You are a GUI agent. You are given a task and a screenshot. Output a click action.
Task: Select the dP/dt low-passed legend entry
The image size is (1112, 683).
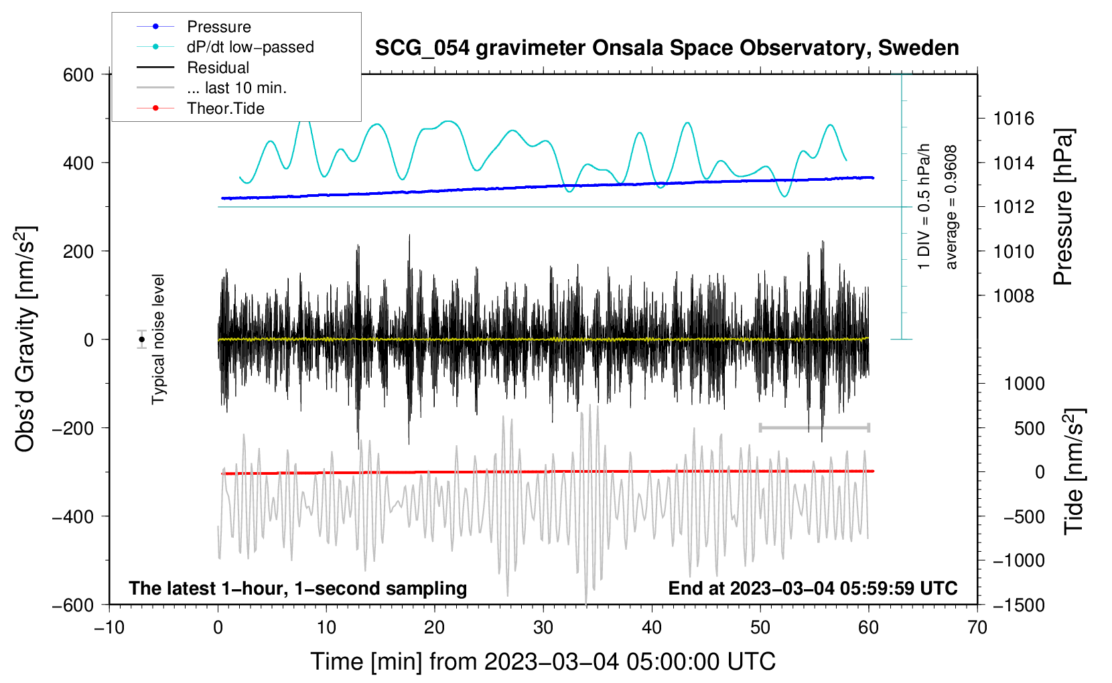click(250, 47)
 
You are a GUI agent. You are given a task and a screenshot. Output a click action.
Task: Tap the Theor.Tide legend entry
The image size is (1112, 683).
click(225, 108)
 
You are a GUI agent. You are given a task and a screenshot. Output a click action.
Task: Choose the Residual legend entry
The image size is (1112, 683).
click(218, 68)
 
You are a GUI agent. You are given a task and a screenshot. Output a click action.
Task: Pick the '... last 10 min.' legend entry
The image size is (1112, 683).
click(236, 88)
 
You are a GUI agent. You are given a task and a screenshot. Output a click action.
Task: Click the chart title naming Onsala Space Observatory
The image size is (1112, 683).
click(667, 48)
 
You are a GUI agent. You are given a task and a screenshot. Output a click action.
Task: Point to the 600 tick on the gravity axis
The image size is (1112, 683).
click(78, 75)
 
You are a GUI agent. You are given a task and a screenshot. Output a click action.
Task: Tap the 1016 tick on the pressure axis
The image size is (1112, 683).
click(1014, 119)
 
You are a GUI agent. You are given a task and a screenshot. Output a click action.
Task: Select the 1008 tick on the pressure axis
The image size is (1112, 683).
click(1014, 296)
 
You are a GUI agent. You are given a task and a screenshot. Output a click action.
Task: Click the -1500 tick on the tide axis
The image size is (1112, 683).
click(1018, 605)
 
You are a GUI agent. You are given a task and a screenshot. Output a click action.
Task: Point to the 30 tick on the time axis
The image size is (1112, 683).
click(543, 627)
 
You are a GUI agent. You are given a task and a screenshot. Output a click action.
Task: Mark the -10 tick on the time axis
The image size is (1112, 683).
click(109, 627)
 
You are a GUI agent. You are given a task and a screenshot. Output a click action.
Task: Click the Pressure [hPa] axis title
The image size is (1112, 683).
click(1063, 208)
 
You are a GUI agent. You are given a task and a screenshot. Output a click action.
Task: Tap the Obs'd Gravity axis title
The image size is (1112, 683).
click(25, 339)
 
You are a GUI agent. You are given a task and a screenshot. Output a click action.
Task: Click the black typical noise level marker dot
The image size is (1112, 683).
click(142, 339)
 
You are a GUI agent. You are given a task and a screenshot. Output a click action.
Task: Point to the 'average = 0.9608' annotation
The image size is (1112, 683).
click(951, 208)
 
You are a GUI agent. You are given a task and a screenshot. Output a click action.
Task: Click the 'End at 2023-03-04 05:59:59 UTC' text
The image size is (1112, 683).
click(813, 588)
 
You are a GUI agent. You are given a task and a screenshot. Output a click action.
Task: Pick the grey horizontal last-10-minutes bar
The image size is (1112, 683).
click(814, 427)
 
